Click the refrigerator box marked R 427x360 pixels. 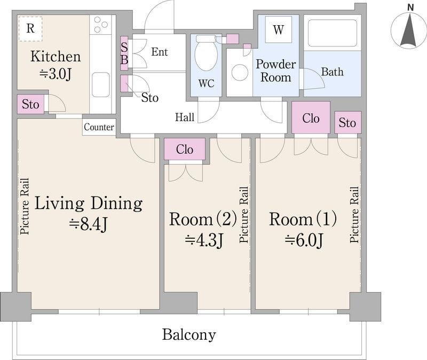tap(30, 29)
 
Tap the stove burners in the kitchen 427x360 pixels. tap(100, 25)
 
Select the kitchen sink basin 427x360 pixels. tap(101, 85)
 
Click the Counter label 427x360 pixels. tap(99, 127)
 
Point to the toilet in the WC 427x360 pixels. tap(206, 52)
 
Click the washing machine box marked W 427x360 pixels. tap(278, 29)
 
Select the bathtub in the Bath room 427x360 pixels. tap(332, 33)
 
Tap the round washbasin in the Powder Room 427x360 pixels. tap(240, 73)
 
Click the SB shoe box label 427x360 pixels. tap(124, 53)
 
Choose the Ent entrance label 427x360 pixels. tap(160, 52)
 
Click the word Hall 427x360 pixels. tap(185, 118)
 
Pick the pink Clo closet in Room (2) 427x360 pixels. tap(185, 149)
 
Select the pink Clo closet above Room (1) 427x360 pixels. tap(311, 118)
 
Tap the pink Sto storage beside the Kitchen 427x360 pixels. tap(30, 104)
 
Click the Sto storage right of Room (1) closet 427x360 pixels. tap(347, 122)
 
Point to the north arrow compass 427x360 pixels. tap(409, 29)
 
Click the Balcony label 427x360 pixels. tap(189, 334)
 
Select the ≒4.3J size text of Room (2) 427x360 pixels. tap(204, 240)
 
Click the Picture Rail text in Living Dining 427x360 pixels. tap(25, 206)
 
